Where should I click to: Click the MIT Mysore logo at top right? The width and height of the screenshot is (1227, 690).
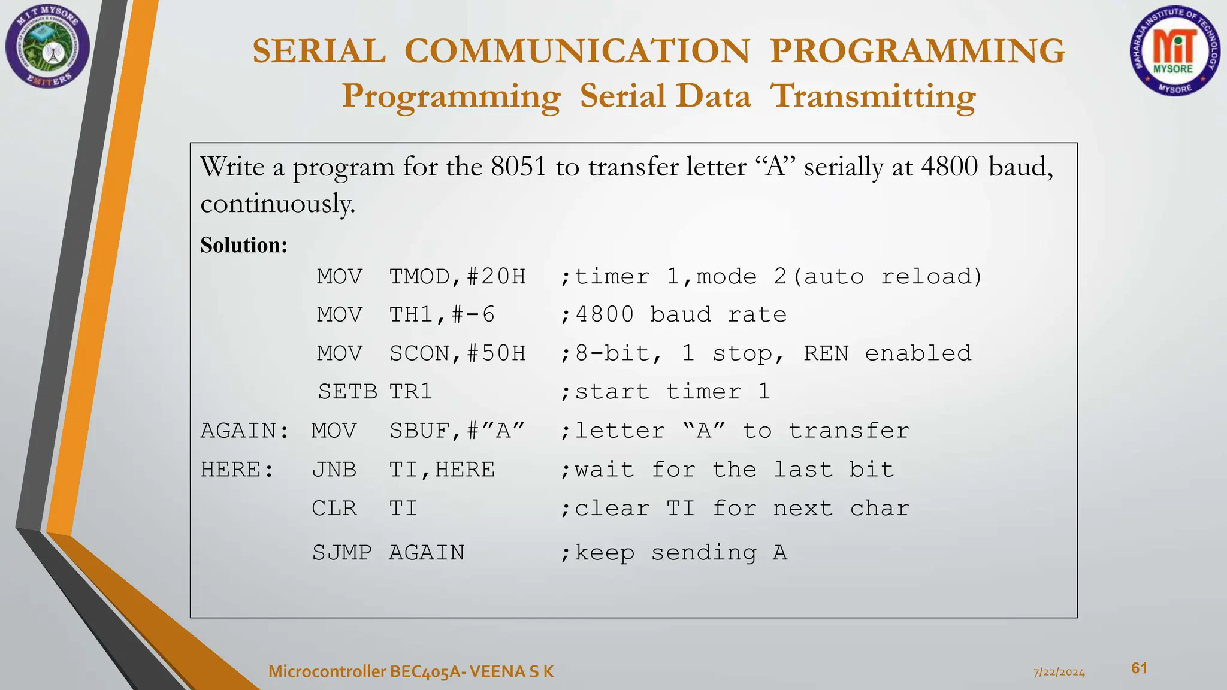click(x=1174, y=52)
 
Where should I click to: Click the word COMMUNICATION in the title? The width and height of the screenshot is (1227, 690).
click(x=577, y=51)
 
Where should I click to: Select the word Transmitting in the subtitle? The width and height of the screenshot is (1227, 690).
click(x=873, y=96)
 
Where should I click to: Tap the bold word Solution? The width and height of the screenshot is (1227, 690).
click(x=244, y=245)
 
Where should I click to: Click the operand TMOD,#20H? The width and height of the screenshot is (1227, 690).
click(x=457, y=277)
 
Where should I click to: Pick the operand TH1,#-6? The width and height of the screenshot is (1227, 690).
click(x=442, y=315)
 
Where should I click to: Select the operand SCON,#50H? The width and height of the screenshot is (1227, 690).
click(x=457, y=353)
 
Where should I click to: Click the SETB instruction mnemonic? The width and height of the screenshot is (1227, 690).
click(x=347, y=392)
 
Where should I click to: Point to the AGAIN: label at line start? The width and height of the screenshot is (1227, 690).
click(x=244, y=431)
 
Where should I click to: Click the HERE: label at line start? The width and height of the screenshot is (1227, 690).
click(x=237, y=470)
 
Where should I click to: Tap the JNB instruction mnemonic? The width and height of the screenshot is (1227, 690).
click(x=334, y=470)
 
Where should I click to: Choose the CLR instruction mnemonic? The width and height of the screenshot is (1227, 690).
click(x=334, y=509)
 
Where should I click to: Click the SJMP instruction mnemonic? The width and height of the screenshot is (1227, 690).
click(x=341, y=552)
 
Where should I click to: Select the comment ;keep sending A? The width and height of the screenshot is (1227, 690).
click(x=673, y=552)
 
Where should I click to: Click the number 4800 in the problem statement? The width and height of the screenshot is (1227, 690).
click(x=950, y=167)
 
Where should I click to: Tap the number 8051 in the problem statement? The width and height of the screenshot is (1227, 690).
click(x=518, y=167)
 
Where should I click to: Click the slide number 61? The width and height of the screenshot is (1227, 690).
click(x=1139, y=668)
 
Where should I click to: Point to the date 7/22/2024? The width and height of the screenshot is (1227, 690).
click(x=1059, y=673)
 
